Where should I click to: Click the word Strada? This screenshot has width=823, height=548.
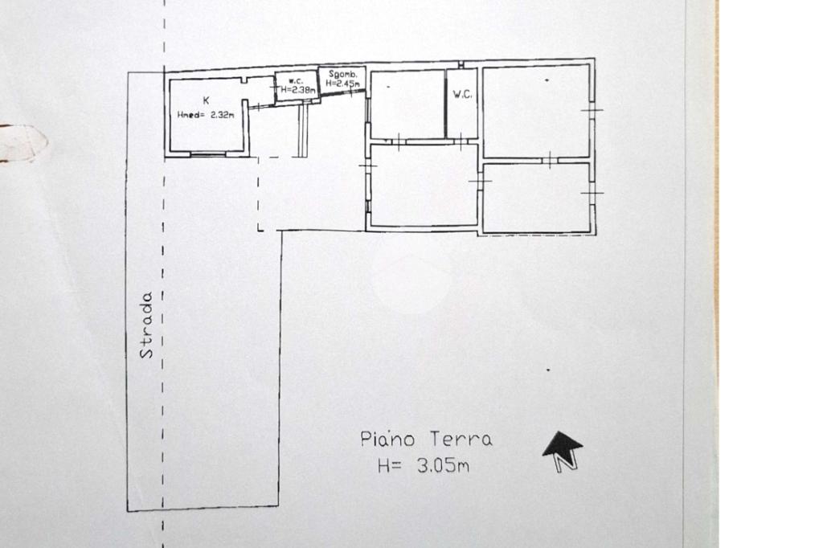coord(146,325)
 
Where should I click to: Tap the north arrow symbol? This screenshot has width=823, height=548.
coord(562,451)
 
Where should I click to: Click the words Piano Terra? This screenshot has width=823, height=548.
coord(426,439)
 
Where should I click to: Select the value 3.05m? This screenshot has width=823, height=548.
coord(443,465)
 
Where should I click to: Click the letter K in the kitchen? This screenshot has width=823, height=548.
coord(207,100)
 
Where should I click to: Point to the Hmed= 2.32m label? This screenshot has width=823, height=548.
coord(206,115)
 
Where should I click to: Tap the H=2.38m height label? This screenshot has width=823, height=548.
coord(298,90)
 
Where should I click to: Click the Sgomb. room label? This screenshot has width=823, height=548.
coord(342,74)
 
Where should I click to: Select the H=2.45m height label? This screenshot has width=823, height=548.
coord(342,84)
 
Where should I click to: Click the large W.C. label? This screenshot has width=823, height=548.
coord(462,95)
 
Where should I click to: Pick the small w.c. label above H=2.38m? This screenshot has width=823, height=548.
coord(296,81)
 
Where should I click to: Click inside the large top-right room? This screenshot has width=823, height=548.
coord(536,111)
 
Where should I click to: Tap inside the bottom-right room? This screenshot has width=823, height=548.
coord(536,198)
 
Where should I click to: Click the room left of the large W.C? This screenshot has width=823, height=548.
coord(407,104)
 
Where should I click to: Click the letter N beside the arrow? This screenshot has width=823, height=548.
coord(567,463)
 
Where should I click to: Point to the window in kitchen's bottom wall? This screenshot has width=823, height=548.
coord(208,153)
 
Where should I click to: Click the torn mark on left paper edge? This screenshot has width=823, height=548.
coord(23,142)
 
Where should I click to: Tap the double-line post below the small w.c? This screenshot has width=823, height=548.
coord(302,129)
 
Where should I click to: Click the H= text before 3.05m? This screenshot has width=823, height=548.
coord(390,465)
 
